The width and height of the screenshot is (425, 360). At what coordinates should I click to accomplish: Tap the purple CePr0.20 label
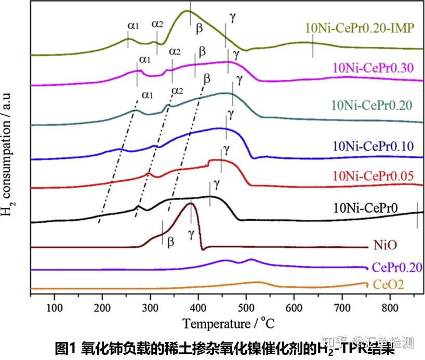(397, 267)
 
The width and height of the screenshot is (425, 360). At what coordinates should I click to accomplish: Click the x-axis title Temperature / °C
(227, 324)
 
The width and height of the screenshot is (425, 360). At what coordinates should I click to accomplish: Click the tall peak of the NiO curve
(192, 203)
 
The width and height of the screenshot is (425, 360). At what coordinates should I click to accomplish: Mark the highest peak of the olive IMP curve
(189, 11)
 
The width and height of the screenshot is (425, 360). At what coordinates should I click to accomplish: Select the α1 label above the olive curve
(133, 24)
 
